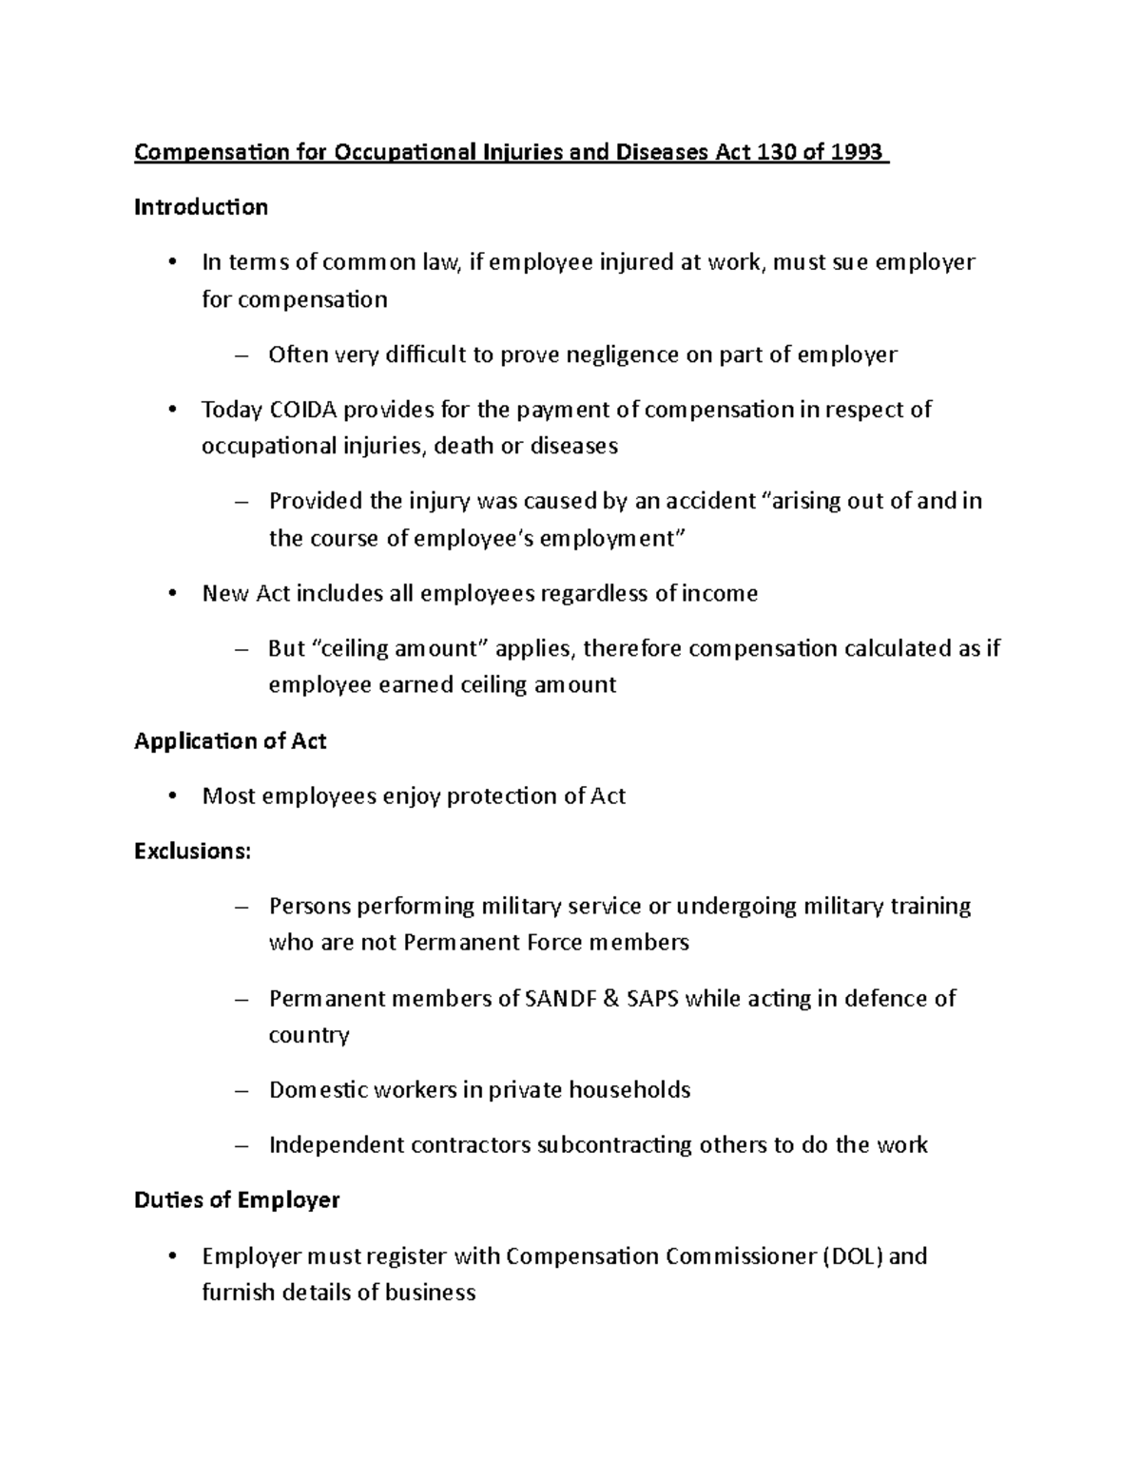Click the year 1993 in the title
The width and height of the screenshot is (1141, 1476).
pyautogui.click(x=856, y=152)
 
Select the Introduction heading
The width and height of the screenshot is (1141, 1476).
pyautogui.click(x=201, y=207)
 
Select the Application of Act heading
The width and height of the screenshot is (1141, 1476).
pyautogui.click(x=230, y=741)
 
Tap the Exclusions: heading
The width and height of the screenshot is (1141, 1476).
pyautogui.click(x=193, y=852)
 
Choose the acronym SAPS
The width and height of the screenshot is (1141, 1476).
pyautogui.click(x=653, y=999)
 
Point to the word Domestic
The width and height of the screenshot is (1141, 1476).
pyautogui.click(x=319, y=1090)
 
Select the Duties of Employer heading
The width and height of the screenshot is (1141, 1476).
pyautogui.click(x=237, y=1200)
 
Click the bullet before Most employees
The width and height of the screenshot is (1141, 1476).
pyautogui.click(x=171, y=796)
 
